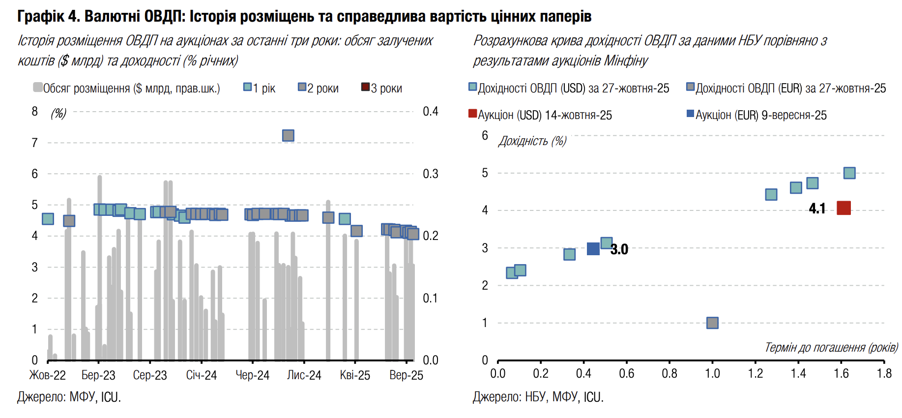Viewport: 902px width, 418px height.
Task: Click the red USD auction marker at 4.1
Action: coord(844,208)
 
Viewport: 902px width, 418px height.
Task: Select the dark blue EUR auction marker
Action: coord(593,249)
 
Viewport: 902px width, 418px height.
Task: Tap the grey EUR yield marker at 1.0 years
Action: coord(712,323)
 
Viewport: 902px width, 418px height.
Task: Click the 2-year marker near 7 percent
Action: coord(288,135)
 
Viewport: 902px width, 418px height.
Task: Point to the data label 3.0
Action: coord(619,250)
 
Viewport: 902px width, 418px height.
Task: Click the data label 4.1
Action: coord(817,209)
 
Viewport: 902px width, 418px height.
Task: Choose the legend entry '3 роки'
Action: coord(382,89)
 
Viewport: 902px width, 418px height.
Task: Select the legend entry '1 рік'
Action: coord(260,89)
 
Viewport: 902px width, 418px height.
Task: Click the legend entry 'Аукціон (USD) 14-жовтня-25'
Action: coord(540,115)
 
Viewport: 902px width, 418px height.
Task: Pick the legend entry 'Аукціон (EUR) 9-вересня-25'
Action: coord(757,115)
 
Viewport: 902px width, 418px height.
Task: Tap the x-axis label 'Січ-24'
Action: coord(202,375)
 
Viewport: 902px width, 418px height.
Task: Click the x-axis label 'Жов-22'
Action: coord(48,375)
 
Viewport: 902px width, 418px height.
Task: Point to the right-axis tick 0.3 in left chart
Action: coord(430,174)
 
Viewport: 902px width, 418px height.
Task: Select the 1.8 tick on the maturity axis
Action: coord(884,374)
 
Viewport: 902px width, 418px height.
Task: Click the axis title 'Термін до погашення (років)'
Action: coord(831,348)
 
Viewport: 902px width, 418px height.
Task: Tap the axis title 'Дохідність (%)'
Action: coord(532,142)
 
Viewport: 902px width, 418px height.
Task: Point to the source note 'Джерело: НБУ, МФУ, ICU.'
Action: coord(538,397)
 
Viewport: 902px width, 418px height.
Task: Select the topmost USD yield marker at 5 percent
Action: coord(849,173)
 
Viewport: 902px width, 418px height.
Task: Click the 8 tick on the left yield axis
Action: coord(34,112)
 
